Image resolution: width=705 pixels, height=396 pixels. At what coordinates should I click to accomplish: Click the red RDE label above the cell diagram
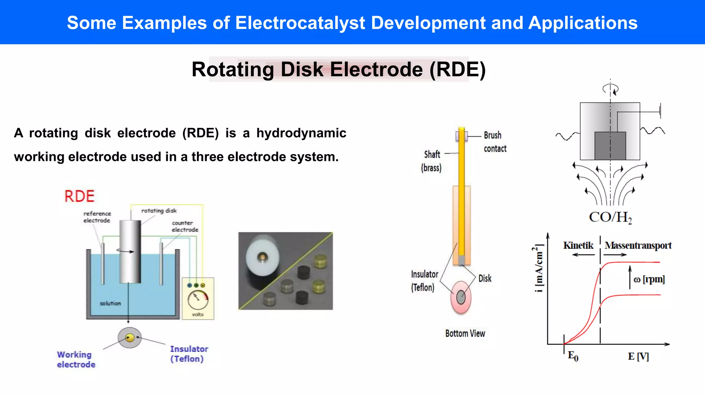(80, 196)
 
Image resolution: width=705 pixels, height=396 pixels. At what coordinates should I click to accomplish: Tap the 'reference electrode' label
(97, 217)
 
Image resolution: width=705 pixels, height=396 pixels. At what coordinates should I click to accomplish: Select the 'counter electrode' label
(185, 226)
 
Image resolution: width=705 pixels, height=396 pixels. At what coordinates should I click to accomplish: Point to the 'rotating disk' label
(159, 211)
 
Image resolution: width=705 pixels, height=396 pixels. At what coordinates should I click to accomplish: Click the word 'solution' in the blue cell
(110, 303)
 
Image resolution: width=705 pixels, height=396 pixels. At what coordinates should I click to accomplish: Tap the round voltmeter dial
(198, 299)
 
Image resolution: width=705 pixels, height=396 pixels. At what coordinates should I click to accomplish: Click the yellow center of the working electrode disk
(130, 338)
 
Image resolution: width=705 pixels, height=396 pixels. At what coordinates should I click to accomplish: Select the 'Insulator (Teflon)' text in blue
(189, 354)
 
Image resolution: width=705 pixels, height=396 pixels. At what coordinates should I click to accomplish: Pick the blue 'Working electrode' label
(76, 359)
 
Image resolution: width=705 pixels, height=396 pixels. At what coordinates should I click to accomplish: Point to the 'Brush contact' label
(495, 142)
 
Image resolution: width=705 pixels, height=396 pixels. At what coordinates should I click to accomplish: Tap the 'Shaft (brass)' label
(431, 161)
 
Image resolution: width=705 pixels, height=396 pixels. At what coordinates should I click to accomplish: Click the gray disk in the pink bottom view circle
(461, 297)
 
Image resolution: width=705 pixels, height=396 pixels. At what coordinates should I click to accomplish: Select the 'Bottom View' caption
(465, 333)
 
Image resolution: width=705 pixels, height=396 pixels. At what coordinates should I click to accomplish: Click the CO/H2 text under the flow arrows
(610, 217)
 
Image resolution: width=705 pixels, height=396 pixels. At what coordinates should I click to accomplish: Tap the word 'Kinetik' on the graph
(578, 245)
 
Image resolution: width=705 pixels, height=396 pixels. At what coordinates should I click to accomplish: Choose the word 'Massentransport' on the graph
(638, 245)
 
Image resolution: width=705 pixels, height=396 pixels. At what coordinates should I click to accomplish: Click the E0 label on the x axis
(573, 356)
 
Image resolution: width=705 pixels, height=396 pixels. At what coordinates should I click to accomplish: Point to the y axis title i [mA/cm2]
(539, 268)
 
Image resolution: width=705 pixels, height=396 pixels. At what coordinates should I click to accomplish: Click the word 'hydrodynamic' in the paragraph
(301, 133)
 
